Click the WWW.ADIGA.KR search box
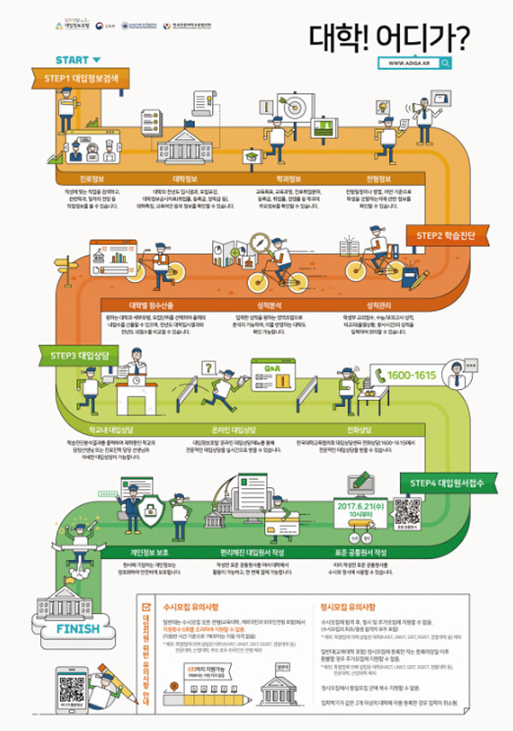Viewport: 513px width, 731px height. pos(419,62)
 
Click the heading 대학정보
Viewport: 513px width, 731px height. pos(185,180)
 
